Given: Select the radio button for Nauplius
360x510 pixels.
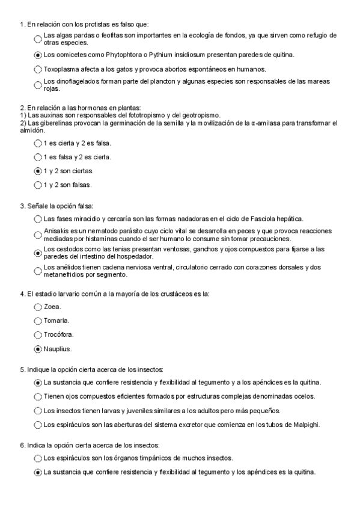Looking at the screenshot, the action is [38, 349].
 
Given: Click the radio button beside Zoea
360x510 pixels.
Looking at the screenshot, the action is [38, 307].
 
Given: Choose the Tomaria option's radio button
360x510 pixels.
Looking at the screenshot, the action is [38, 321].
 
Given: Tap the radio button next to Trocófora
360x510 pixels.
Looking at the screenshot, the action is [38, 335].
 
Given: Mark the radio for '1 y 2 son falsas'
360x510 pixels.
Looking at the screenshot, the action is [38, 185].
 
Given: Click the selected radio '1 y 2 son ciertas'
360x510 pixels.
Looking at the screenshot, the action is [38, 171].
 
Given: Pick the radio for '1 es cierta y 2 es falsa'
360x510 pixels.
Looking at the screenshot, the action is [38, 143].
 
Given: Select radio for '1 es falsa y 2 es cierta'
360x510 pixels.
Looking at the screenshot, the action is [38, 157].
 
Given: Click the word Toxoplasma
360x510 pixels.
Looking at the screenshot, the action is [62, 69].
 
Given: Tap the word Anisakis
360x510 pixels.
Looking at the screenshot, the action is [56, 232].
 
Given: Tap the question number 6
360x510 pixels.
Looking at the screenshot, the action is [22, 445].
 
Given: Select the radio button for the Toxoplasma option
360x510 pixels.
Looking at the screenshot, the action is [38, 69].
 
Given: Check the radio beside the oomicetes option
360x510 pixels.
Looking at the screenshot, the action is [38, 55].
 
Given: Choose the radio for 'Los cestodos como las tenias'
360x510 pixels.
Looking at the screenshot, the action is [38, 253].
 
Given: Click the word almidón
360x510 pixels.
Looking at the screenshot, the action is [32, 130].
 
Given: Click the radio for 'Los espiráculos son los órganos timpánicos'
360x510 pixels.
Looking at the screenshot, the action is [38, 459].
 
